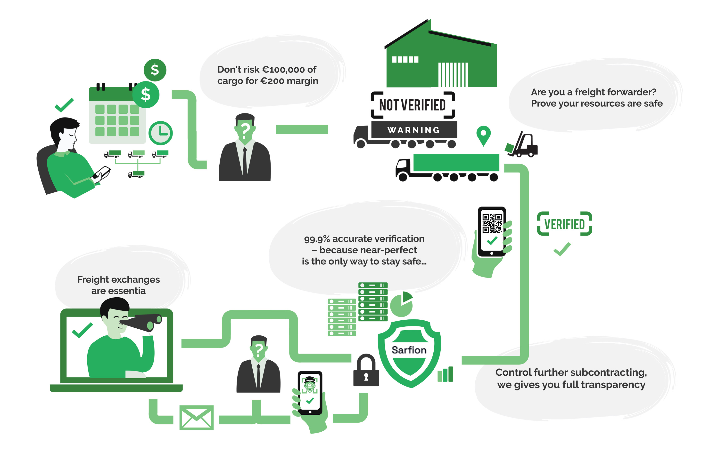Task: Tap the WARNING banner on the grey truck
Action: tap(414, 130)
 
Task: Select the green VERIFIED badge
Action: tap(564, 224)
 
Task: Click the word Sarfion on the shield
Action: tap(409, 350)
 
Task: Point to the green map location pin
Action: tap(483, 135)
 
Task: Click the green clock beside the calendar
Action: tap(161, 133)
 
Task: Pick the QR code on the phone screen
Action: tap(492, 223)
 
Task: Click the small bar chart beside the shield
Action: tap(445, 375)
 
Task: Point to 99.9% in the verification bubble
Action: tap(317, 239)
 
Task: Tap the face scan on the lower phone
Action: tap(310, 385)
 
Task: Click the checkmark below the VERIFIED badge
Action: tap(562, 249)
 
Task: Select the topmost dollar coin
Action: tap(155, 70)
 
